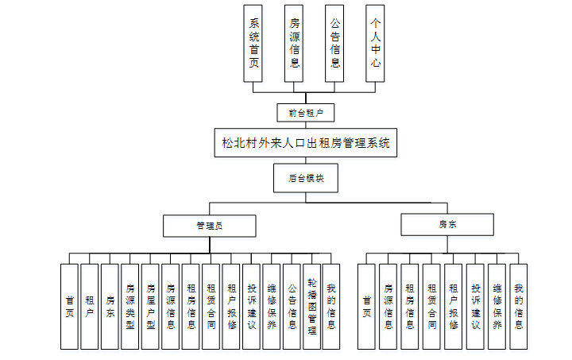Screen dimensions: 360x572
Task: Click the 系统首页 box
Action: tap(254, 43)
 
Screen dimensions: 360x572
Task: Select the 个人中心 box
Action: tap(376, 43)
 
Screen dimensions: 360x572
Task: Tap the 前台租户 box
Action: tap(300, 113)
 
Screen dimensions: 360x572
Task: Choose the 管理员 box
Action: tap(209, 226)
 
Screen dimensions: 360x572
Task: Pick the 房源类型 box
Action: tap(130, 306)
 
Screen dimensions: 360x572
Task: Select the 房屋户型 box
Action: tap(150, 306)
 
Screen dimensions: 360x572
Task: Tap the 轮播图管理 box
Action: tap(311, 306)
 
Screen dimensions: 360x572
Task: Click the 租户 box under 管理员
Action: tap(90, 306)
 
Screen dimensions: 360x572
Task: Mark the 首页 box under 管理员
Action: tap(69, 306)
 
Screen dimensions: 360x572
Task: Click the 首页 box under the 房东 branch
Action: tap(366, 306)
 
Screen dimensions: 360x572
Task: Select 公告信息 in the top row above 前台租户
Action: tap(334, 43)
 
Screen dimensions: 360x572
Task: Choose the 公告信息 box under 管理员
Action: tap(292, 306)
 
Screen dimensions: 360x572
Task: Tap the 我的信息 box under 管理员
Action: tap(331, 306)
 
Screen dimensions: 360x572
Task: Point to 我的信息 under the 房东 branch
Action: tap(518, 306)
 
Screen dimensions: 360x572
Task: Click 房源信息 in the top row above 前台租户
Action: tap(295, 43)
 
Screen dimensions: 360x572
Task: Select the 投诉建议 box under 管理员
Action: tap(251, 306)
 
